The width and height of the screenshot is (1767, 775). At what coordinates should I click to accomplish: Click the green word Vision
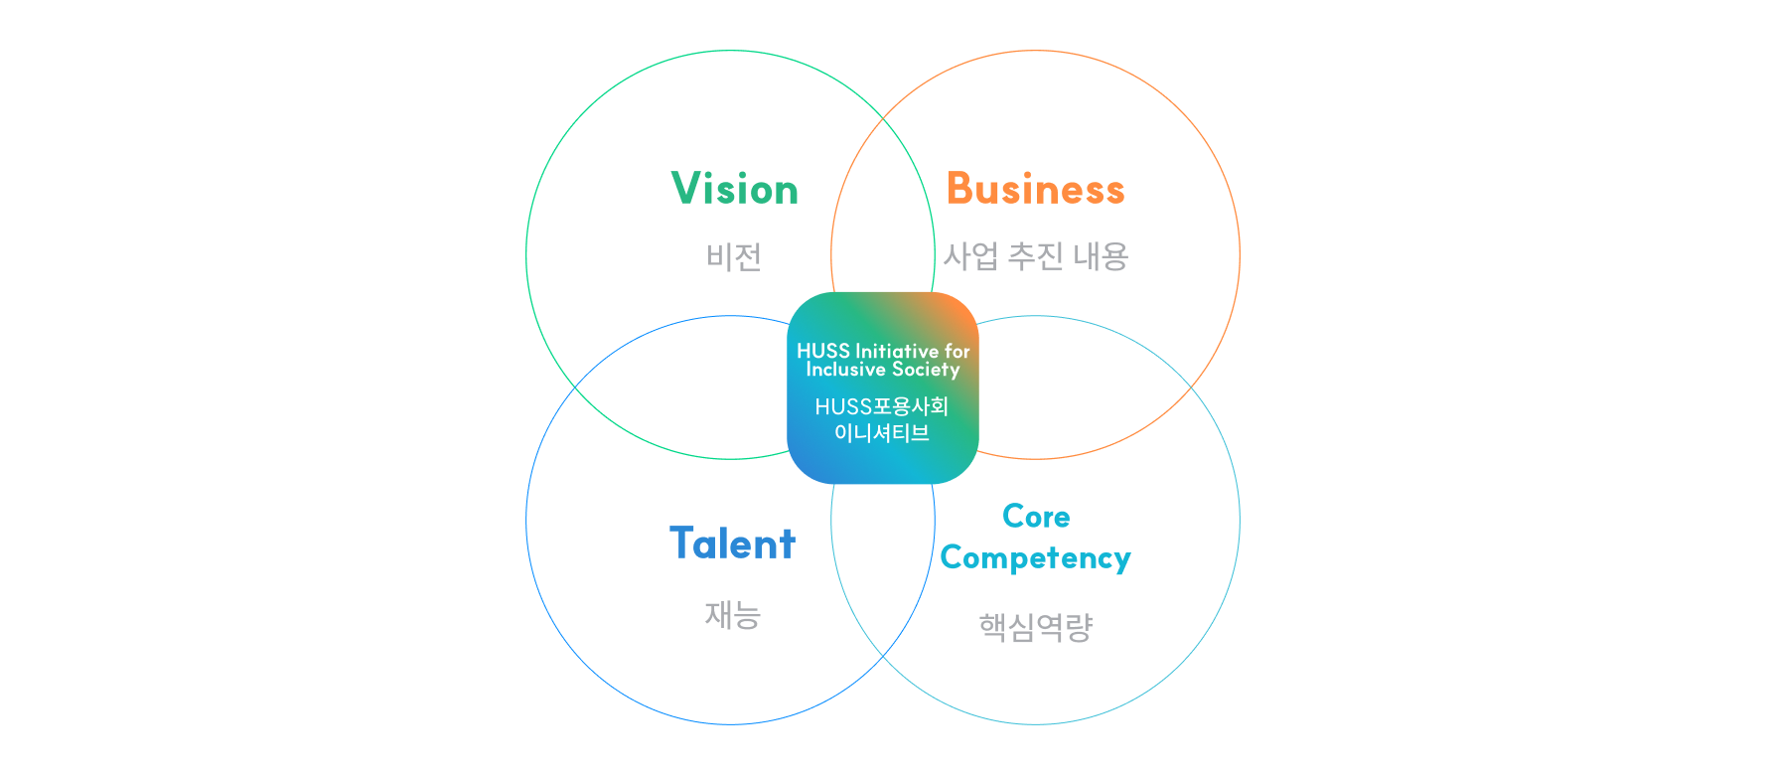coord(734,189)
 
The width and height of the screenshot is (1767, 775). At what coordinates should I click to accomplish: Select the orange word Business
coord(1035,189)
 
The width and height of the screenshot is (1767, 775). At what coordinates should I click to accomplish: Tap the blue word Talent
coord(732,543)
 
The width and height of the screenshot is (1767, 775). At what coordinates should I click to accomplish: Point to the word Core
coord(1036,517)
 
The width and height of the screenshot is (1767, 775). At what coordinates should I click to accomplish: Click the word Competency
coord(1035,558)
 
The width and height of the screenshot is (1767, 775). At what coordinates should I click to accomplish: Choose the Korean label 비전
coord(734,257)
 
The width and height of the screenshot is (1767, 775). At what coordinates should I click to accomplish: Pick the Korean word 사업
coord(970,256)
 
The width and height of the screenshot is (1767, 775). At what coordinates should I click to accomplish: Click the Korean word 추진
coord(1035,256)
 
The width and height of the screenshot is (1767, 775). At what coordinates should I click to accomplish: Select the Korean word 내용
coord(1101,256)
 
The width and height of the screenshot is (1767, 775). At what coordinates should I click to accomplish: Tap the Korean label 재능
coord(732,615)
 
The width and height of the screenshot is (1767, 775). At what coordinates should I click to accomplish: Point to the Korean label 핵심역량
coord(1035,627)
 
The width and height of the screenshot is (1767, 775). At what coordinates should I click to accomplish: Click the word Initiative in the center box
coord(897,351)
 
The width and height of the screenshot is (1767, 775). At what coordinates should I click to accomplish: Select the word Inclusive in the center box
coord(845,370)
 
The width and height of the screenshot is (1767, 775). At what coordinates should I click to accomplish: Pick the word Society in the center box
coord(926,370)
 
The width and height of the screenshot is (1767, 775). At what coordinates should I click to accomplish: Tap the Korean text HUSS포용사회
coord(881,406)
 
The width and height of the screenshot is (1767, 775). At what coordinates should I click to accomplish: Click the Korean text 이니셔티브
coord(881,432)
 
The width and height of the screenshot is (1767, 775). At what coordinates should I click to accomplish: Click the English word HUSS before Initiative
coord(823,351)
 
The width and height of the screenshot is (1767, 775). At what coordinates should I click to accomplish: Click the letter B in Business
coord(959,189)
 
